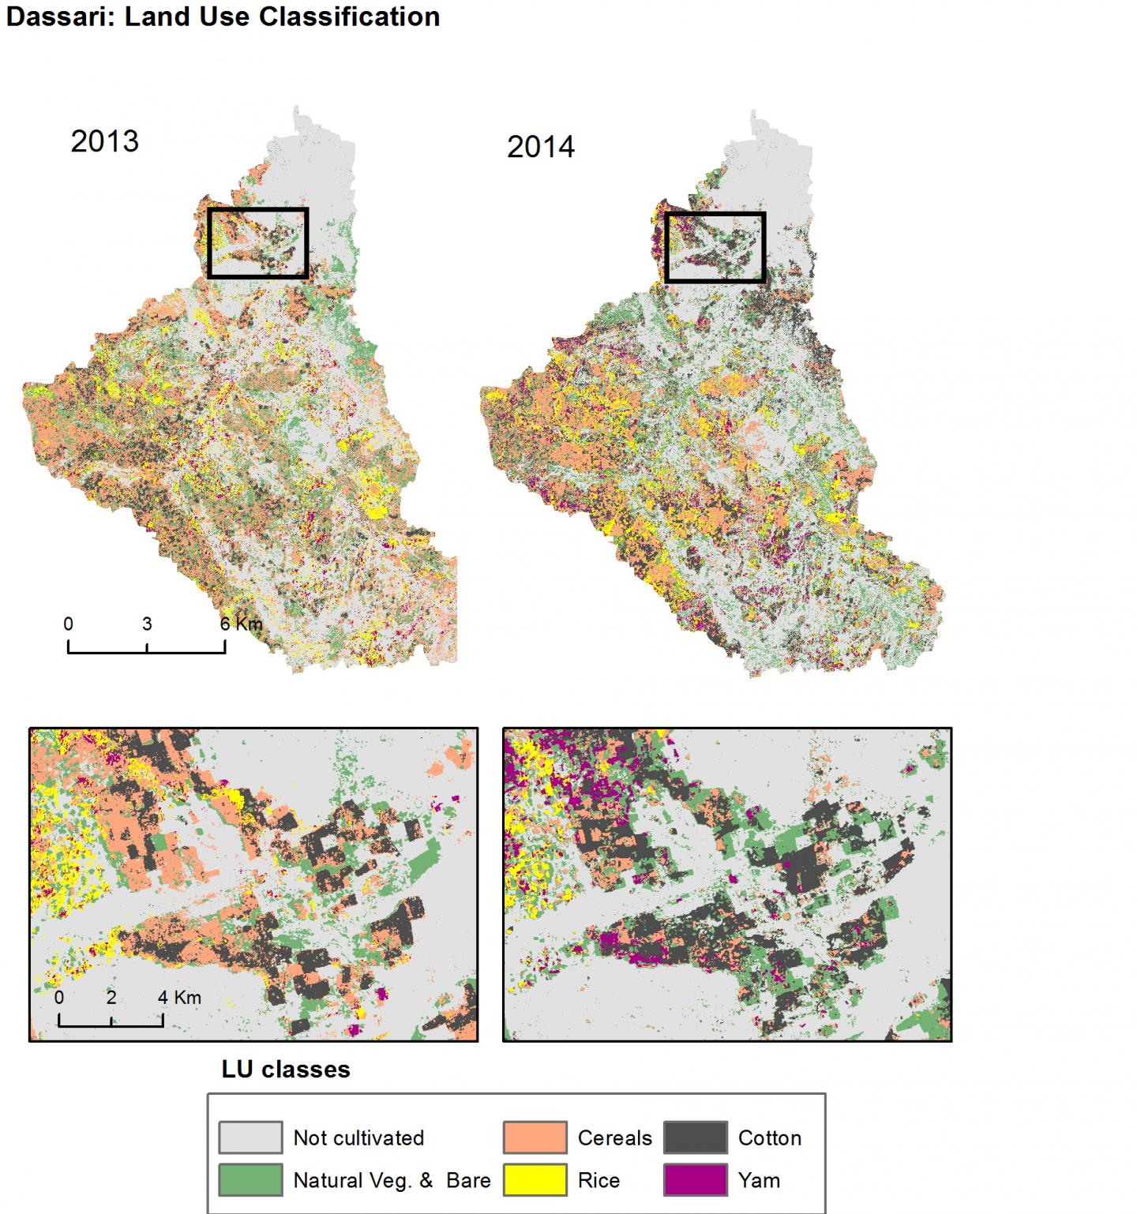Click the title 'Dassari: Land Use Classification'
(x=223, y=17)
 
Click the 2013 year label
(x=104, y=141)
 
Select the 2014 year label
(x=541, y=147)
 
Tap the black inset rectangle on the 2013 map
(x=257, y=210)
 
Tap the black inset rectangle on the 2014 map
(x=715, y=214)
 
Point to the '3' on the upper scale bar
(x=147, y=624)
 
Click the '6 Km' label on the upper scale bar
(x=241, y=624)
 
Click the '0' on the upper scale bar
(x=68, y=624)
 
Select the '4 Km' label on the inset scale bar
(x=179, y=997)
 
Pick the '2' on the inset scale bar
(x=111, y=997)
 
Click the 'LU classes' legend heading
(x=285, y=1070)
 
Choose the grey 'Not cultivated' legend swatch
(x=250, y=1137)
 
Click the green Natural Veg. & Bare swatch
(x=250, y=1180)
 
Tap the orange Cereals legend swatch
(x=535, y=1137)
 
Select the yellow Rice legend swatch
(x=535, y=1180)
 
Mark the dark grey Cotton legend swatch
(x=695, y=1137)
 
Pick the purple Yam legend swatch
(x=695, y=1180)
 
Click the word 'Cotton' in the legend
(x=769, y=1137)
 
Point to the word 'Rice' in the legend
(x=599, y=1180)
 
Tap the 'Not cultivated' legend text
(x=358, y=1137)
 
